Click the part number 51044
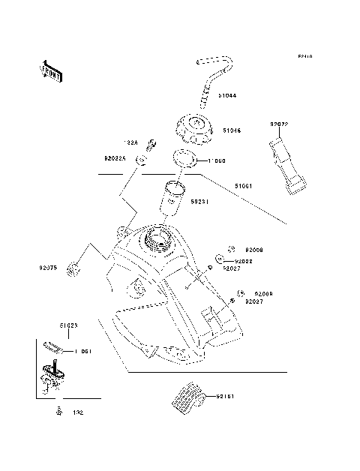(x=229, y=97)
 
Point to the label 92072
(x=279, y=123)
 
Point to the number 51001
(x=244, y=186)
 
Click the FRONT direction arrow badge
(x=51, y=70)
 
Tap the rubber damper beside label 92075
(x=73, y=266)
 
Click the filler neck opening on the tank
(x=160, y=238)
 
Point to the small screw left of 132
(x=58, y=410)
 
